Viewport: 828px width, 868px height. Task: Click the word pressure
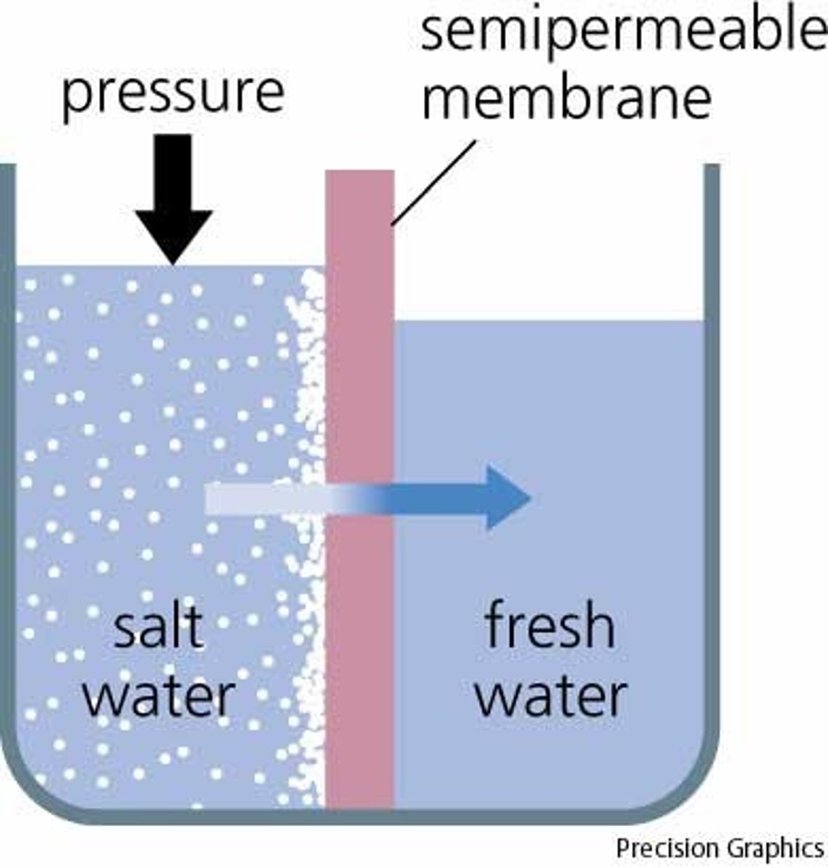point(173,93)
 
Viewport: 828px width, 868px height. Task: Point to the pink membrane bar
point(360,506)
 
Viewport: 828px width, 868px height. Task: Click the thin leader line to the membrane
point(434,181)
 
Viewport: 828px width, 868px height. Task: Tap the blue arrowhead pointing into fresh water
point(507,498)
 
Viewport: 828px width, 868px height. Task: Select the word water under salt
point(159,695)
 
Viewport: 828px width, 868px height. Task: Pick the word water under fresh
point(550,695)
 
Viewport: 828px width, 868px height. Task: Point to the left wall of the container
point(7,434)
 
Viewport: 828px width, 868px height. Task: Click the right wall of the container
point(711,434)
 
